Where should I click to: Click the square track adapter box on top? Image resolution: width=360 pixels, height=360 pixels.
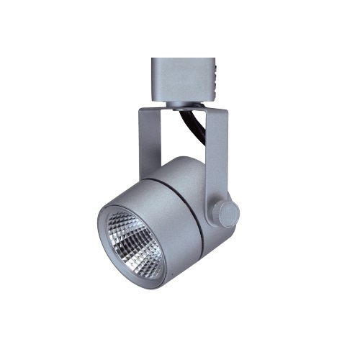[x=184, y=80]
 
